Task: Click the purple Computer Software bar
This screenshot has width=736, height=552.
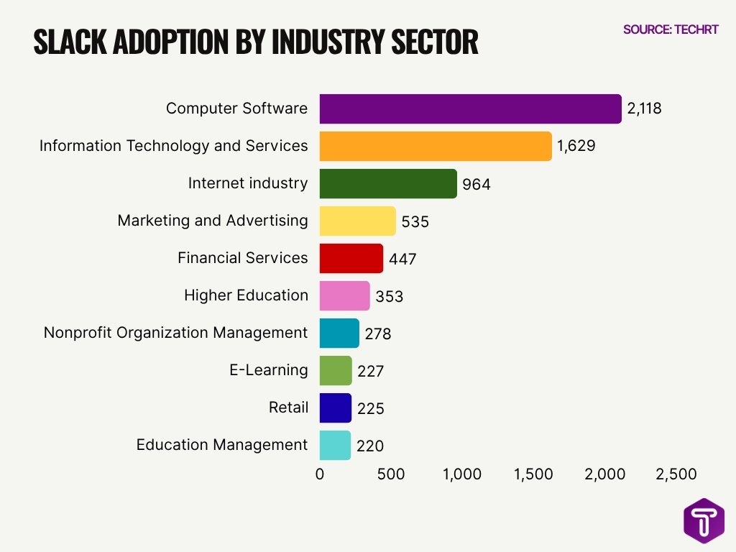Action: pos(470,109)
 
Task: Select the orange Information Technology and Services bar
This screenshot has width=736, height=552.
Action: pos(436,146)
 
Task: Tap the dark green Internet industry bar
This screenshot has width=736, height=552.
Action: pos(388,183)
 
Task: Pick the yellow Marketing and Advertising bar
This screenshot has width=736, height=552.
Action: pos(357,221)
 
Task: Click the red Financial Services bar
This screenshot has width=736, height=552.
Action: pos(351,258)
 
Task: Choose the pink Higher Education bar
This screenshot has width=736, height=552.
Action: pos(344,295)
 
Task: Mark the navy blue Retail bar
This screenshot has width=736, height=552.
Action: pos(335,408)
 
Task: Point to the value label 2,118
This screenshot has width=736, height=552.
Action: pos(644,109)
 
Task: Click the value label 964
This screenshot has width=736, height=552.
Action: pos(477,185)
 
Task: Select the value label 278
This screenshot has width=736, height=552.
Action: pos(377,334)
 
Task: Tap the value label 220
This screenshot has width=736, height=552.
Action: pos(370,446)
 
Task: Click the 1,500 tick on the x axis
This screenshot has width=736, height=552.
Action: pos(533,474)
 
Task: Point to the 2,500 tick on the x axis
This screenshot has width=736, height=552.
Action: pos(676,474)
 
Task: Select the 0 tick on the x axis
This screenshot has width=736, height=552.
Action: pos(320,474)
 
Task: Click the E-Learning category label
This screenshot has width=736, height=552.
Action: pos(269,370)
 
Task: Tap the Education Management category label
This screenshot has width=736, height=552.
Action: pos(222,445)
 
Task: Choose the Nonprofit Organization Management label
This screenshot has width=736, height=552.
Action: pos(175,333)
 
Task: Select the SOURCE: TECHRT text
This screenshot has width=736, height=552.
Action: pos(670,29)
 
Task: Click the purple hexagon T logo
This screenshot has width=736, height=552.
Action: pos(704,521)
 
